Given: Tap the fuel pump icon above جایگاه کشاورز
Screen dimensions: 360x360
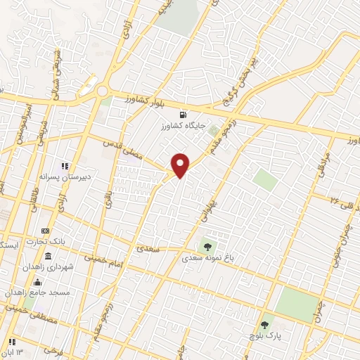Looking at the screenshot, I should pyautogui.click(x=184, y=115).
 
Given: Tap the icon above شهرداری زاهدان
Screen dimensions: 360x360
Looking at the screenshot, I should pyautogui.click(x=47, y=256).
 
